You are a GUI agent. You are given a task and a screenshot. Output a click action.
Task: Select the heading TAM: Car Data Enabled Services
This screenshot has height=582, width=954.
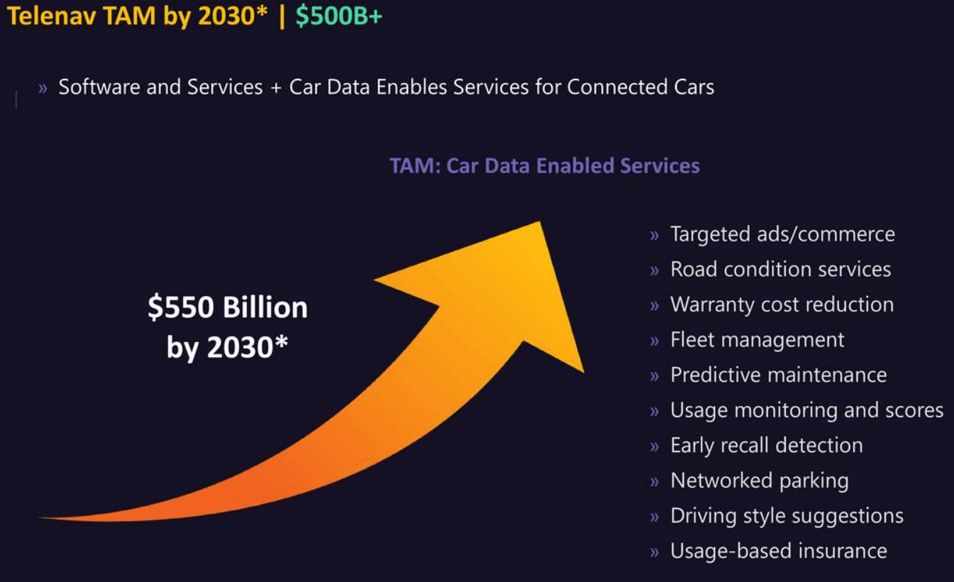pos(544,166)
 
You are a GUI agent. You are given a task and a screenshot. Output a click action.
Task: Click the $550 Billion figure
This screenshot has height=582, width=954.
pos(228,308)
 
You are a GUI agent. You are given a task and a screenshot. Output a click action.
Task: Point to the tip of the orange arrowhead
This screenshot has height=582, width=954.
pos(540,223)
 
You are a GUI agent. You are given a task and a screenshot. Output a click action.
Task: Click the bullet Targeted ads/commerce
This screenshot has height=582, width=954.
pos(782,234)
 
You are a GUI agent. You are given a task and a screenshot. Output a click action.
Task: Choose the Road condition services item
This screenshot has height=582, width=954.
pos(780,270)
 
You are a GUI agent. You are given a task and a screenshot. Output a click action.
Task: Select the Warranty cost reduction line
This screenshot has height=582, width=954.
pos(782,304)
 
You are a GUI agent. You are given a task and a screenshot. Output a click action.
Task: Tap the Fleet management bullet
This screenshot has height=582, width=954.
pos(757,340)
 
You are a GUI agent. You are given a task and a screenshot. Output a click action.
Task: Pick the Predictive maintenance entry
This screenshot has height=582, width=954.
pos(778,375)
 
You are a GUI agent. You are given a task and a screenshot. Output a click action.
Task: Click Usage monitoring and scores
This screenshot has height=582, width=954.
pos(806,410)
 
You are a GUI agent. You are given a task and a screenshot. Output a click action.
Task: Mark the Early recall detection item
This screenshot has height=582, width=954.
pos(766,445)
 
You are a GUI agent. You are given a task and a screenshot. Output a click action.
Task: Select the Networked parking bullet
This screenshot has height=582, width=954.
pos(759,481)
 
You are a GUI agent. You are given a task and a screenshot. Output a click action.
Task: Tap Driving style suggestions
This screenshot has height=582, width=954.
pos(787,516)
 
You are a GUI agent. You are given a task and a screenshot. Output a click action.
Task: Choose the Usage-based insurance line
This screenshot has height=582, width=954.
pos(778,551)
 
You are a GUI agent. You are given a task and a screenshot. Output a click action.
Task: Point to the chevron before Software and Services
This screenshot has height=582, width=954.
pos(43,88)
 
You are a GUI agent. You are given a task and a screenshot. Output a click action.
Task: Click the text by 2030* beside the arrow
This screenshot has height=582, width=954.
pos(227,348)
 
